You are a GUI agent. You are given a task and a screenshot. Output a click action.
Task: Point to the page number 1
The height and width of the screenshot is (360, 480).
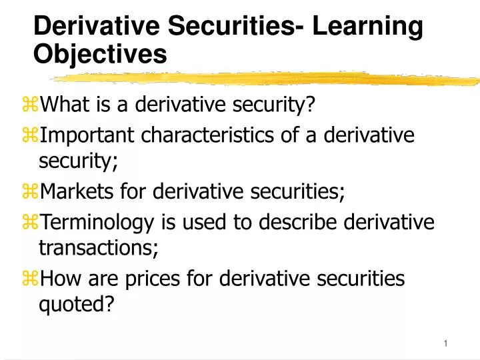[x=445, y=343]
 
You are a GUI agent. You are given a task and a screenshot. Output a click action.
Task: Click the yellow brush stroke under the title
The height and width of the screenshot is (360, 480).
[x=267, y=79]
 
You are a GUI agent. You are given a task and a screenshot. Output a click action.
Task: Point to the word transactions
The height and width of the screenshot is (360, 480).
[x=99, y=247]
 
